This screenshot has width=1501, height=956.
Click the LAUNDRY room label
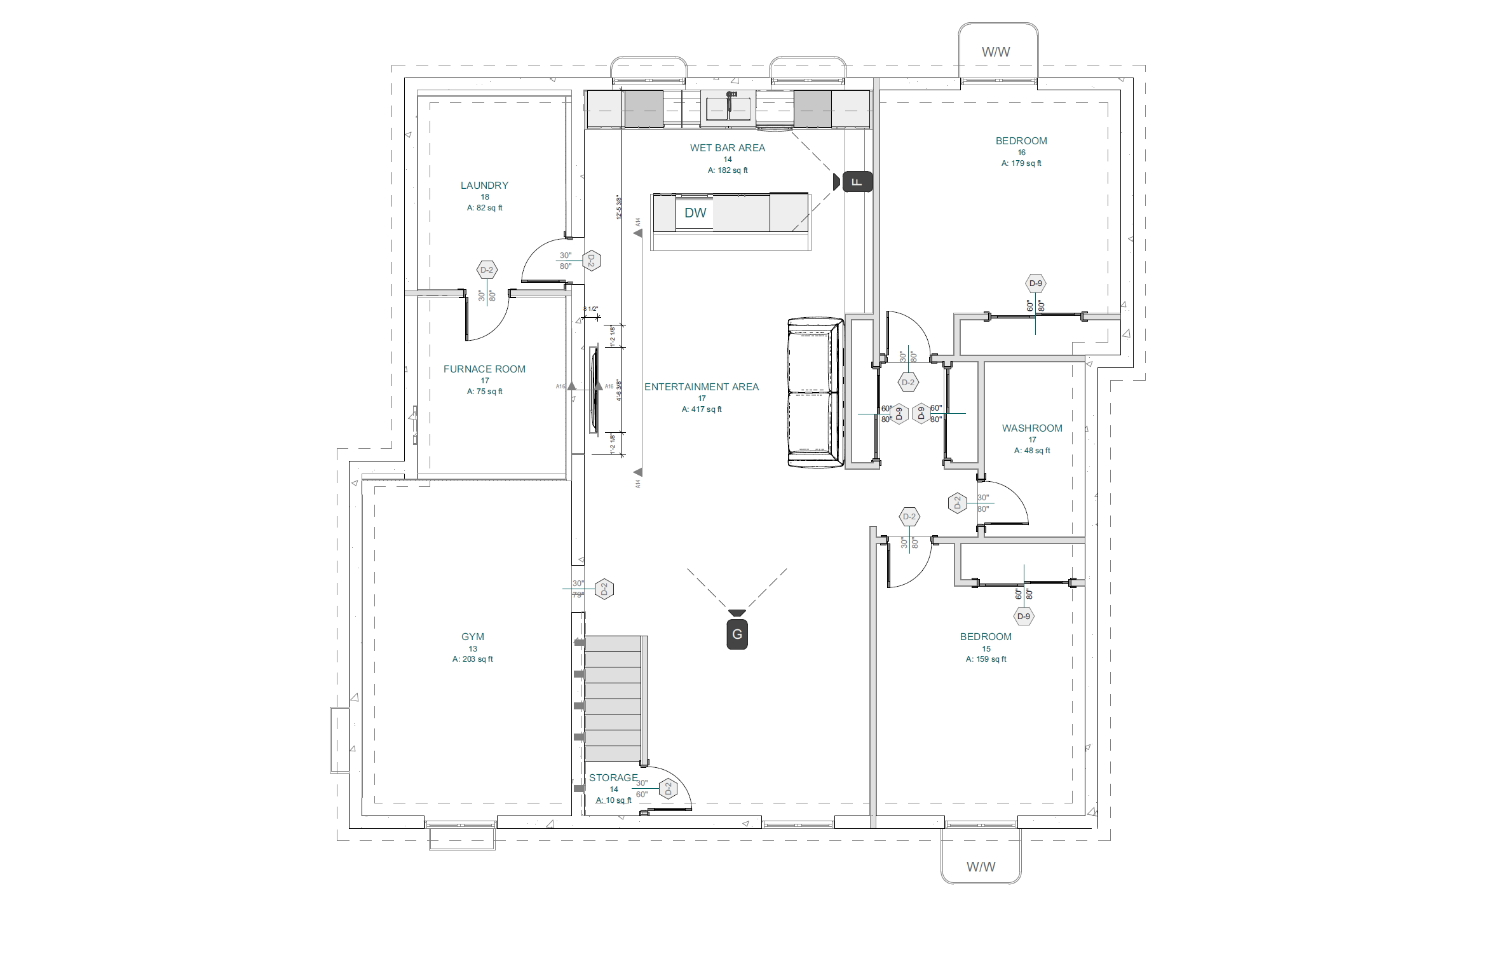pyautogui.click(x=484, y=186)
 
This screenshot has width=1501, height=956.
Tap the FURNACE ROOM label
pyautogui.click(x=484, y=369)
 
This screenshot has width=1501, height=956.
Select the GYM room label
pyautogui.click(x=473, y=637)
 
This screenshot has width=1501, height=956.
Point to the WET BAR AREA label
pyautogui.click(x=728, y=148)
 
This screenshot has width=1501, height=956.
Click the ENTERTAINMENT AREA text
pyautogui.click(x=702, y=387)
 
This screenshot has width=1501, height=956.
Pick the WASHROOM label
pyautogui.click(x=1032, y=428)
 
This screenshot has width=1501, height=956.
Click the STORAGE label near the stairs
pyautogui.click(x=613, y=778)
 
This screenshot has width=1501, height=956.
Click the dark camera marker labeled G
pyautogui.click(x=737, y=634)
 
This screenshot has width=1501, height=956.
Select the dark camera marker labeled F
pyautogui.click(x=857, y=182)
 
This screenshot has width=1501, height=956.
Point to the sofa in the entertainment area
pyautogui.click(x=815, y=393)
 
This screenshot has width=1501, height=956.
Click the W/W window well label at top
pyautogui.click(x=996, y=52)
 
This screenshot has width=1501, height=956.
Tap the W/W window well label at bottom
pyautogui.click(x=981, y=867)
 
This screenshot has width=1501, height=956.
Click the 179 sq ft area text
pyautogui.click(x=1021, y=163)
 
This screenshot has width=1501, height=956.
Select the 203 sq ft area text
pyautogui.click(x=473, y=659)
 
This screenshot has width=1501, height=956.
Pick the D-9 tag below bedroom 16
pyautogui.click(x=1036, y=283)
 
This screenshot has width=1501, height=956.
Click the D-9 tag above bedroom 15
pyautogui.click(x=1024, y=617)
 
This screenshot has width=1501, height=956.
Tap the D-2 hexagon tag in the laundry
pyautogui.click(x=487, y=270)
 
